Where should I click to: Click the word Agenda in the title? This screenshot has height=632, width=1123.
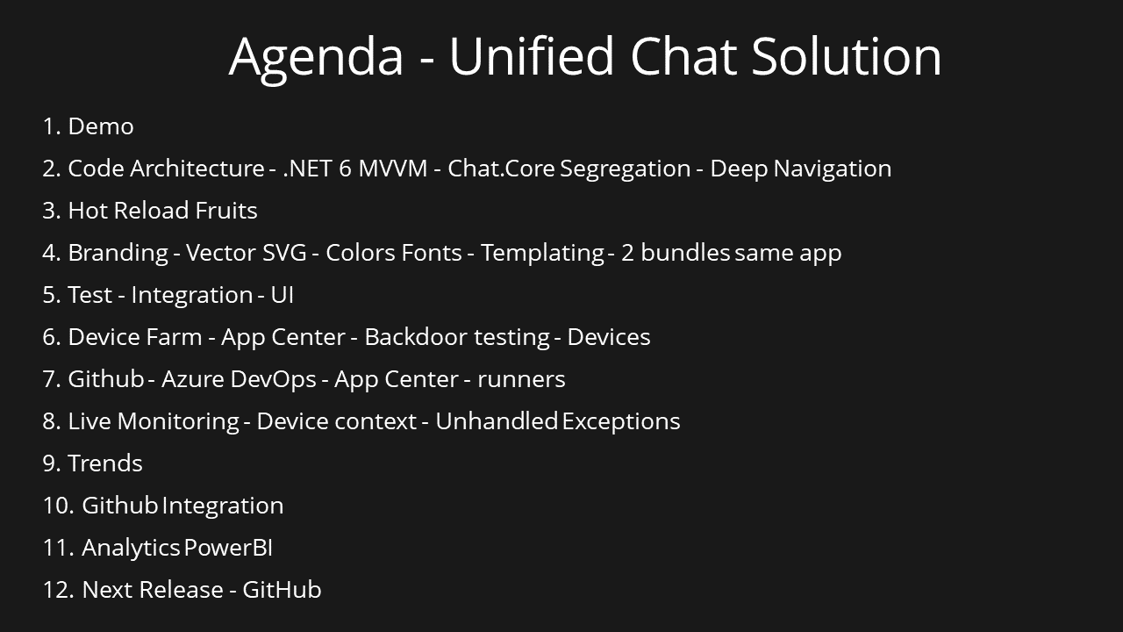316,57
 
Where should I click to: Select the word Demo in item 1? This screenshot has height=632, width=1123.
101,126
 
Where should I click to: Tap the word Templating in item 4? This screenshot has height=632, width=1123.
542,253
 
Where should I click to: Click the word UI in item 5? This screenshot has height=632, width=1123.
282,295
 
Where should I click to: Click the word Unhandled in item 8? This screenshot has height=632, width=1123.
496,421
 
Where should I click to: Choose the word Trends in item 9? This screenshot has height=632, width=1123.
104,463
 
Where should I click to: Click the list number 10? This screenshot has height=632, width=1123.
57,506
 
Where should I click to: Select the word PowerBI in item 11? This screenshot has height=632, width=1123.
228,548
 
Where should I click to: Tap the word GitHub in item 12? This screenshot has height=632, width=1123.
282,590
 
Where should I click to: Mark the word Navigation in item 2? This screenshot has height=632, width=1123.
832,169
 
